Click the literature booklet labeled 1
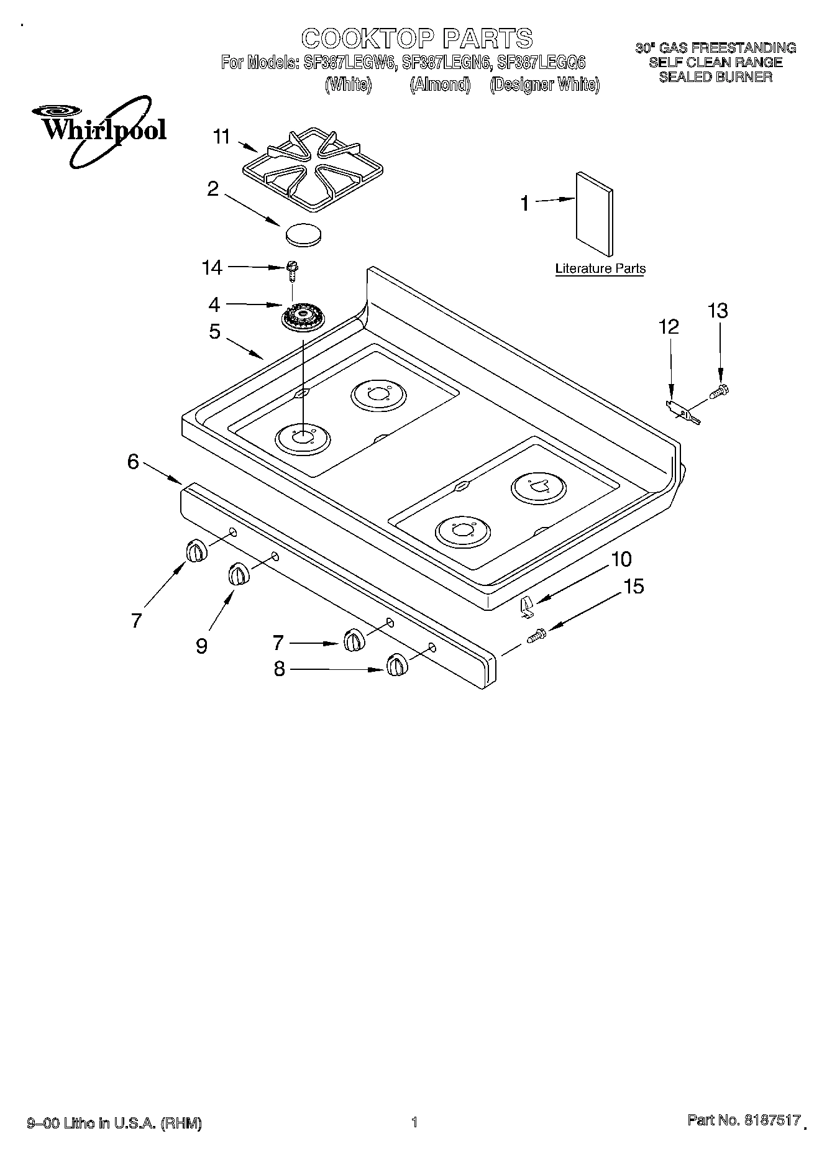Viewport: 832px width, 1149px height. tap(595, 213)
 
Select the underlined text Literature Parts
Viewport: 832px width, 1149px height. tap(600, 269)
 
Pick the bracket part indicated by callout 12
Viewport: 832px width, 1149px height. tap(682, 412)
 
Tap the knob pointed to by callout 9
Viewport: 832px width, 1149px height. tap(237, 574)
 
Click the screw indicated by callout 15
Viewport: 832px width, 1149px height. tap(536, 636)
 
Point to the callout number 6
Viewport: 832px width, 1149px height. tap(132, 462)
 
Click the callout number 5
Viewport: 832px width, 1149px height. tap(214, 332)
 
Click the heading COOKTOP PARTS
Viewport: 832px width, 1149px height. tap(416, 39)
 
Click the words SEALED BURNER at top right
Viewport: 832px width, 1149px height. tap(715, 77)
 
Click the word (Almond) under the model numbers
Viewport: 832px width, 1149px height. tap(439, 85)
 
